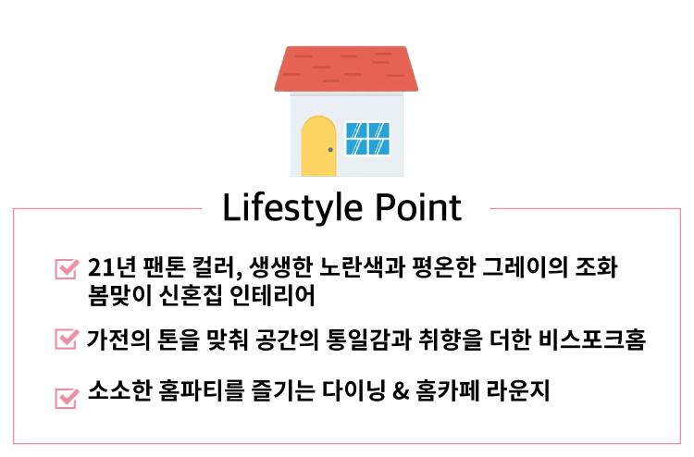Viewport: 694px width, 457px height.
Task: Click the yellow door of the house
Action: pyautogui.click(x=318, y=146)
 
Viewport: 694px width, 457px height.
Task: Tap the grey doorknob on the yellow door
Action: pyautogui.click(x=330, y=150)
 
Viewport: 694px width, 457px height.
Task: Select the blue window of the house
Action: pyautogui.click(x=367, y=139)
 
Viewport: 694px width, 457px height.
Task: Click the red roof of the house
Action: pyautogui.click(x=346, y=69)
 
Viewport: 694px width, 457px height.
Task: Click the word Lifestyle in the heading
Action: pyautogui.click(x=292, y=207)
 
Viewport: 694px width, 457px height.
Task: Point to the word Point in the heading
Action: pyautogui.click(x=418, y=207)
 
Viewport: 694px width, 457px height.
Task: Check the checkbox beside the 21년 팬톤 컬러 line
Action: pyautogui.click(x=67, y=268)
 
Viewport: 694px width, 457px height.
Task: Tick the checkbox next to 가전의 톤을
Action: pyautogui.click(x=67, y=339)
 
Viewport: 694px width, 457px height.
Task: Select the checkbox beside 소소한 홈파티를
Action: pyautogui.click(x=67, y=398)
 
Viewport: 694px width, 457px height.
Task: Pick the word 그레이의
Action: pyautogui.click(x=525, y=266)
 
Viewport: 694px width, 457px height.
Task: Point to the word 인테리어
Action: pyautogui.click(x=273, y=295)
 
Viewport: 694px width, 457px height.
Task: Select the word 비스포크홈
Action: pyautogui.click(x=592, y=340)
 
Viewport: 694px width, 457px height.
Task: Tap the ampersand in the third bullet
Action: pyautogui.click(x=400, y=391)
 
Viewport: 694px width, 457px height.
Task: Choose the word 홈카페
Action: pyautogui.click(x=446, y=390)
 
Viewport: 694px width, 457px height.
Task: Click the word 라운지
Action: pyautogui.click(x=518, y=390)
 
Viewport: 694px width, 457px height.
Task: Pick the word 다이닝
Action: pyautogui.click(x=353, y=390)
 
